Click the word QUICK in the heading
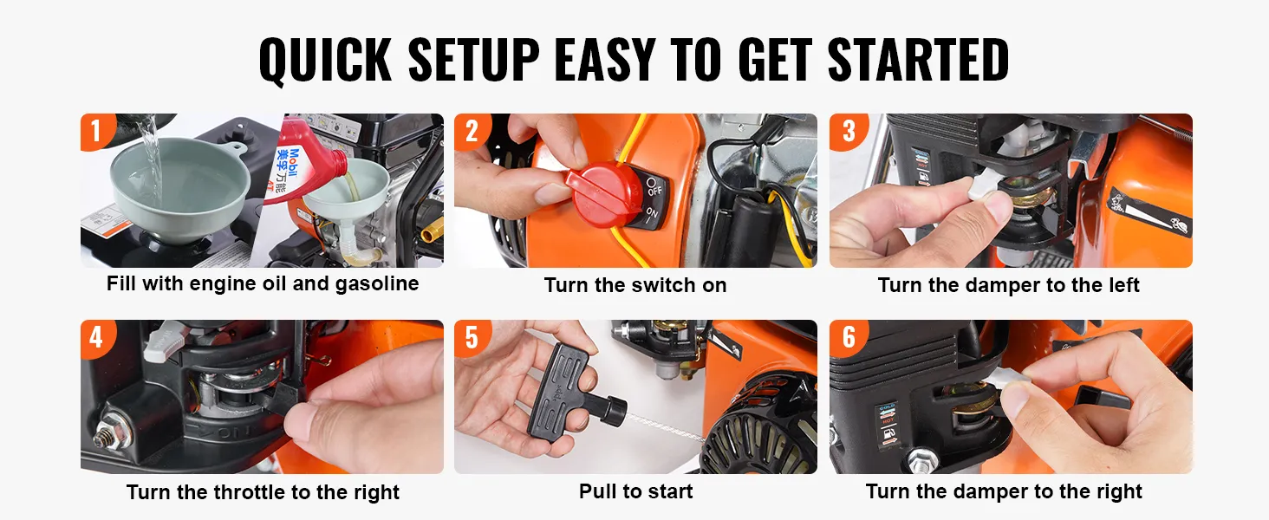pos(325,61)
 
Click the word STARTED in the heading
pos(918,60)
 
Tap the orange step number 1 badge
pos(98,132)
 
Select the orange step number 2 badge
pos(472,132)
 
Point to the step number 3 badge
pos(848,132)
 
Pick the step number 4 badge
pos(98,339)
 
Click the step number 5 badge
pos(472,339)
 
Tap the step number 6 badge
pos(848,339)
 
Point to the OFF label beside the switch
pos(654,187)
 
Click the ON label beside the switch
pos(652,214)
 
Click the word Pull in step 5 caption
pos(598,491)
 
